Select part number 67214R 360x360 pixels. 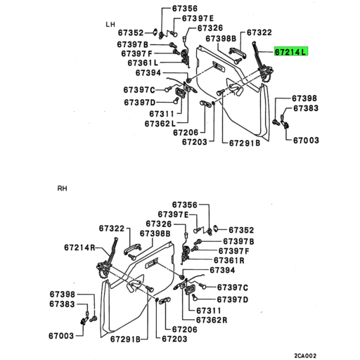[x=79, y=247]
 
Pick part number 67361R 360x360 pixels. [x=233, y=260]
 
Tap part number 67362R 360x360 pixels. [x=212, y=320]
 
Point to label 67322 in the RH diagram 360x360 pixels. [x=112, y=229]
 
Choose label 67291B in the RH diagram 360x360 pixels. [x=124, y=339]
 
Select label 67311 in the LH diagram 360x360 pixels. [x=162, y=113]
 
